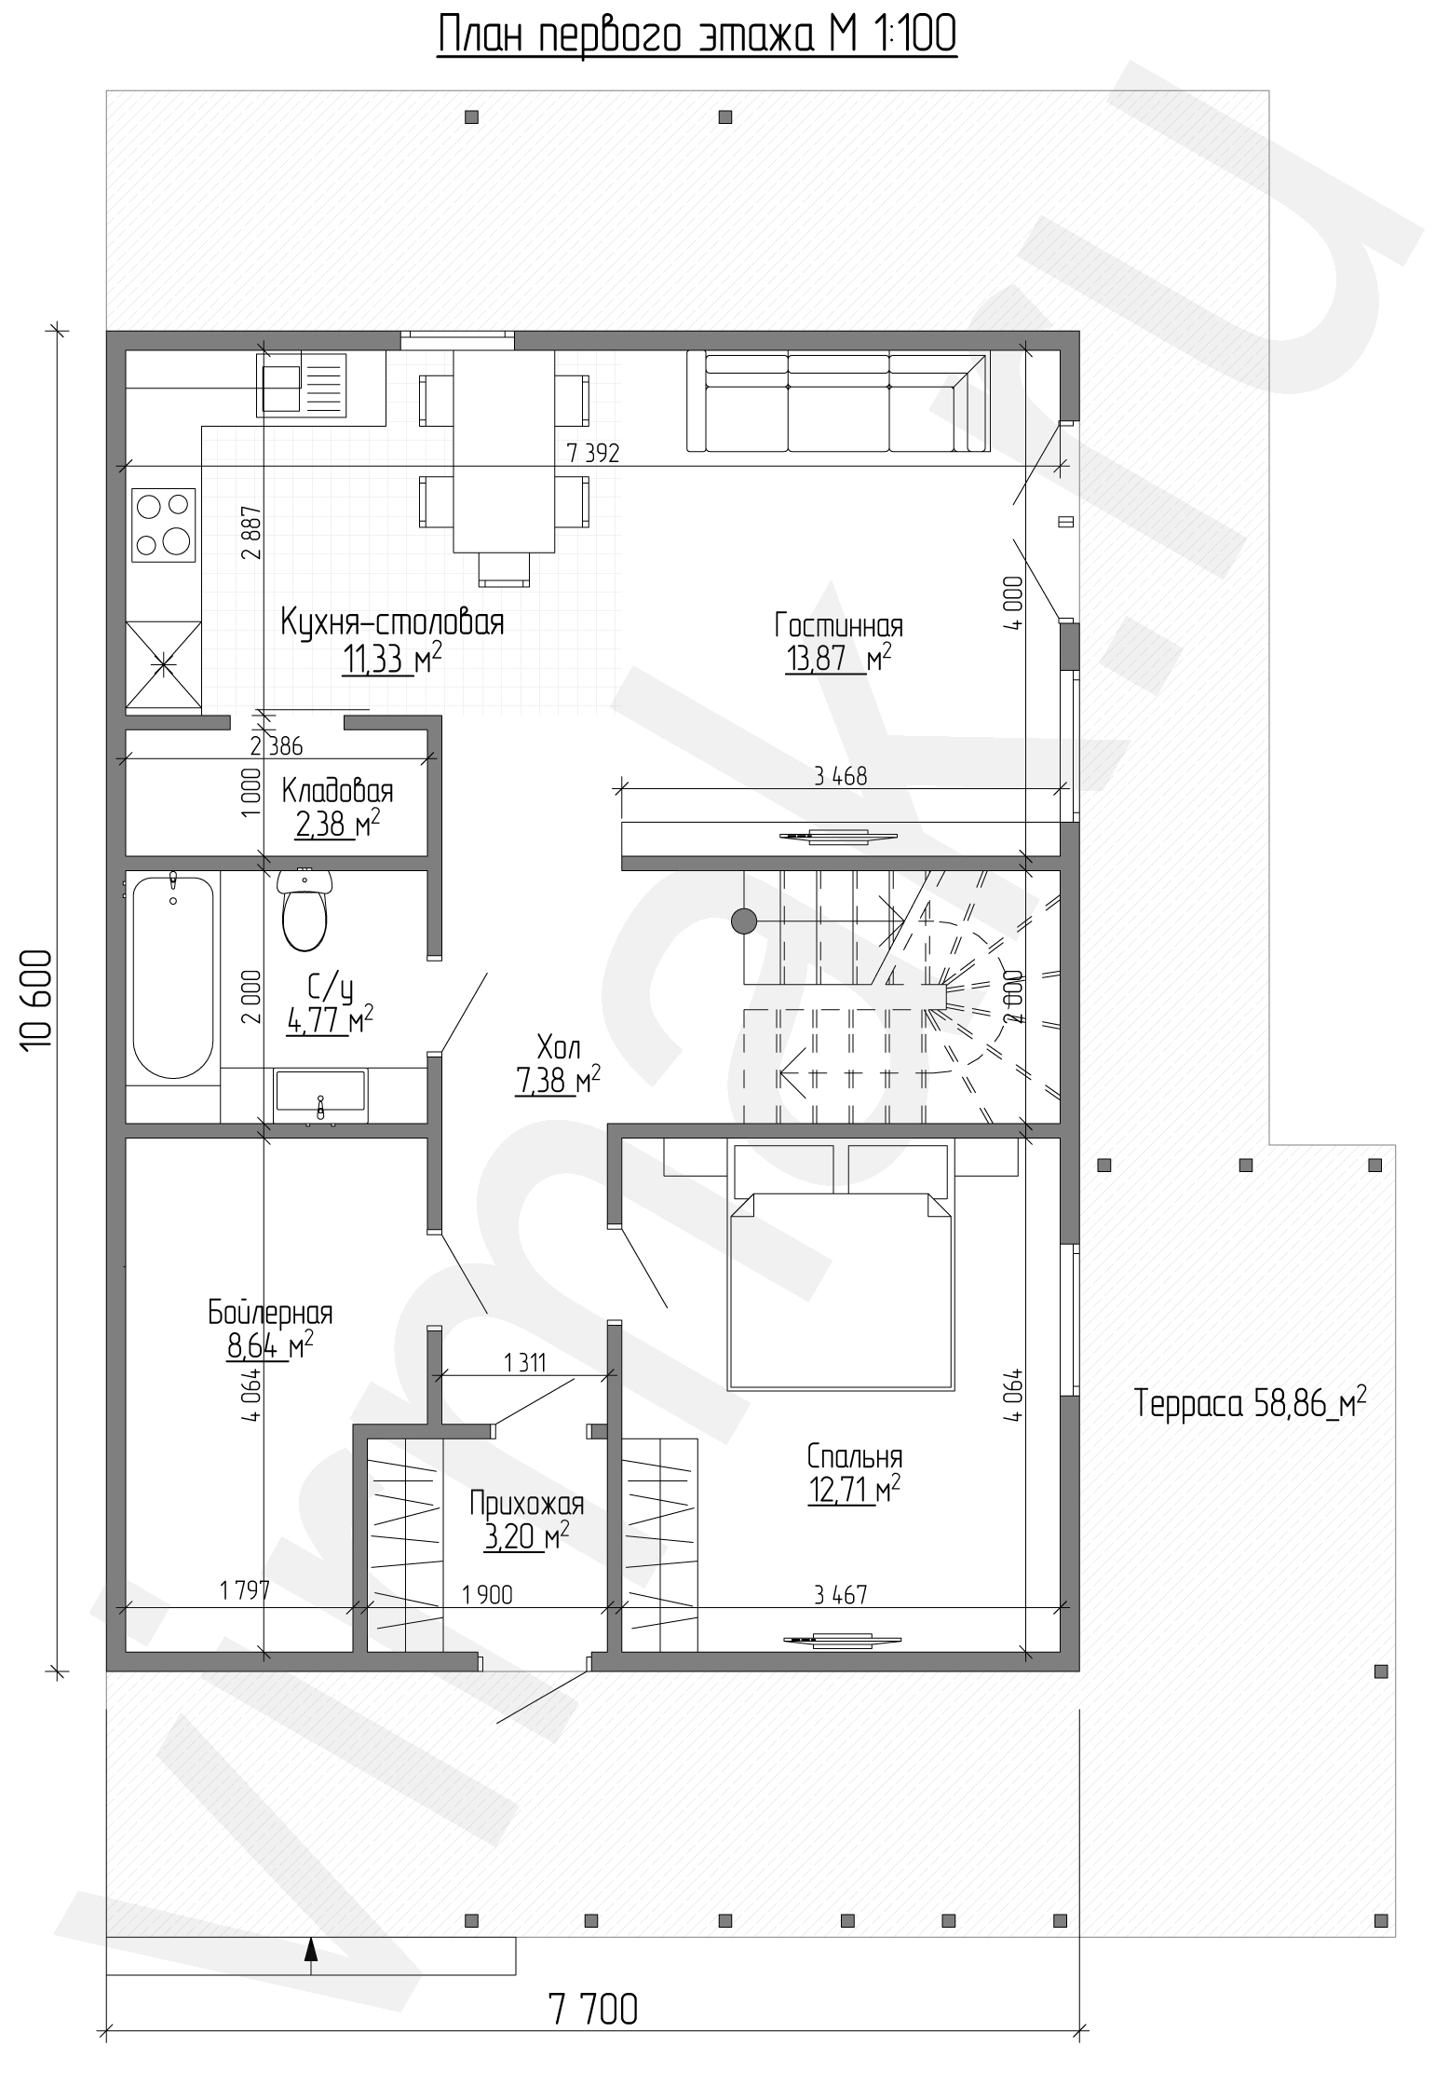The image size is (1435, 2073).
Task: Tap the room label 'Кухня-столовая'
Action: tap(392, 622)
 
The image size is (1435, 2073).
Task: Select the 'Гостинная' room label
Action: tap(838, 625)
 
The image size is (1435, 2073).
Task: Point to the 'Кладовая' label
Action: tap(337, 791)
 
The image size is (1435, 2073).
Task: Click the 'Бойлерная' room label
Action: tap(270, 1313)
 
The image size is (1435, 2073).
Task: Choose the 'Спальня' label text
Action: tap(855, 1455)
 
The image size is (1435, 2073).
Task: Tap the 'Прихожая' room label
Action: tap(526, 1505)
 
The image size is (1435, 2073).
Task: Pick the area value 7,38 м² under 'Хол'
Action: tap(557, 1081)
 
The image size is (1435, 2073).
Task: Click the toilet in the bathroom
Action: tap(304, 910)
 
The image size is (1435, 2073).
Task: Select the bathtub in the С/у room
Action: tap(172, 975)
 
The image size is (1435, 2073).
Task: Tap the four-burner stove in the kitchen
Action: tap(164, 525)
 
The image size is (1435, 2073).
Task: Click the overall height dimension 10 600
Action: tap(34, 1001)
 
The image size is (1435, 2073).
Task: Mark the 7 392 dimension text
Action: tap(592, 453)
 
